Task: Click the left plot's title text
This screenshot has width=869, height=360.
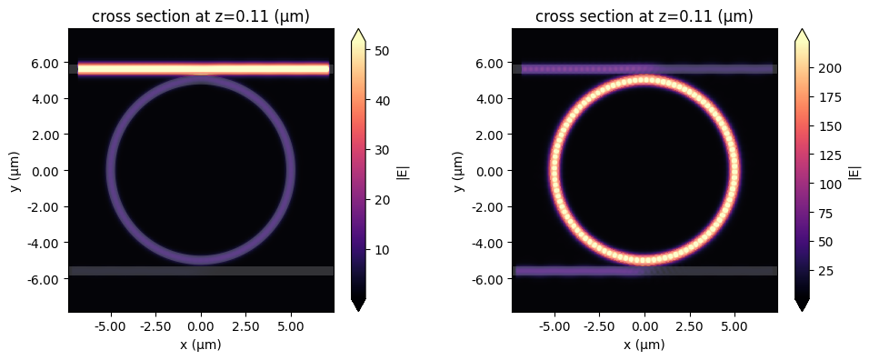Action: pyautogui.click(x=200, y=16)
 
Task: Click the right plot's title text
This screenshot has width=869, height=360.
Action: pyautogui.click(x=644, y=16)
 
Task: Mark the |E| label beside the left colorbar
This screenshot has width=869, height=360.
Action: pyautogui.click(x=403, y=170)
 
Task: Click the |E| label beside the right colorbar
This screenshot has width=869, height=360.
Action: pyautogui.click(x=854, y=170)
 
